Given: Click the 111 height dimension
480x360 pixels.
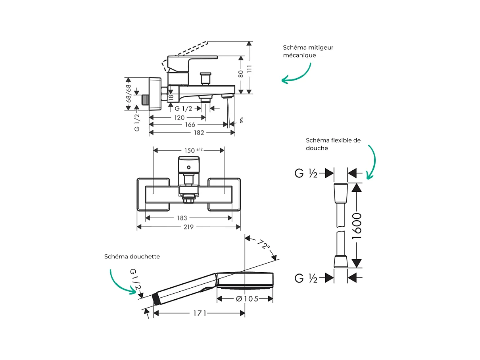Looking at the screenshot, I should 249,68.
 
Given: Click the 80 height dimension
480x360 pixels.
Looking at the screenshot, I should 241,74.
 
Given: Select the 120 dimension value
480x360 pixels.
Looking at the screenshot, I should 179,117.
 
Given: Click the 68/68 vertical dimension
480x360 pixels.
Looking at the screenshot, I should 129,94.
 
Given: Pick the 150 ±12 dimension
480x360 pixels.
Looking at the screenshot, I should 193,150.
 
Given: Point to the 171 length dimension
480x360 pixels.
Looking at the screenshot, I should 200,313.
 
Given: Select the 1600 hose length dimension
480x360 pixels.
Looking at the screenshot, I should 357,225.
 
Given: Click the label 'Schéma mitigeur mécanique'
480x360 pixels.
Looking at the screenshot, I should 302,51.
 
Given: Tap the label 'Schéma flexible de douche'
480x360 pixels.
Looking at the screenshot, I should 333,144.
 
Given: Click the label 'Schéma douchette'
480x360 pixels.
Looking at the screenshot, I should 132,257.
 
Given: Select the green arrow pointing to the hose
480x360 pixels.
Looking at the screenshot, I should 372,163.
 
